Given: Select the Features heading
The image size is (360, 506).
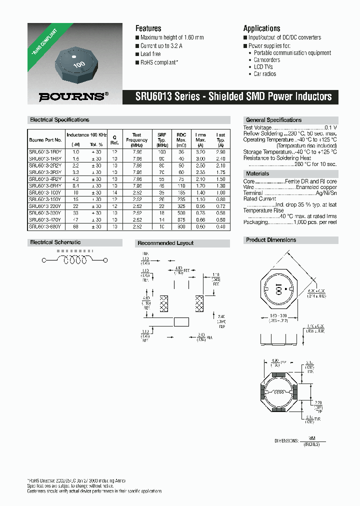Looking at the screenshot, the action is coord(148,28).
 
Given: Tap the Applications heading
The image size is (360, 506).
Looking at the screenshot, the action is coord(261,28).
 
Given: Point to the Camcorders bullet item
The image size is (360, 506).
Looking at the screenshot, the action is coord(266,60).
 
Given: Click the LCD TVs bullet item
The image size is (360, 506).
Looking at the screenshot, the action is coord(264,67).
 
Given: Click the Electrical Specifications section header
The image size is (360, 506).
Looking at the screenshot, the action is coord(59,120).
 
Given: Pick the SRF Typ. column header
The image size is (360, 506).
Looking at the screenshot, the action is coord(162,140).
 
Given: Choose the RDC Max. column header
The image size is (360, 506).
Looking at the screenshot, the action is coord(181,140).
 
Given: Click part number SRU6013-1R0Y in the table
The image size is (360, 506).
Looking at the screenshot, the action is coord(45,151).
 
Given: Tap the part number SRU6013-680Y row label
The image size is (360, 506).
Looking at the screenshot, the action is coord(45,226).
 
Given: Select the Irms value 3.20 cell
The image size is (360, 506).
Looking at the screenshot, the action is coord(200,151).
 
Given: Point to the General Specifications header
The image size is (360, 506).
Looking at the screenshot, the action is coord(273,120).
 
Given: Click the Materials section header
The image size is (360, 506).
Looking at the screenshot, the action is coord(257,173).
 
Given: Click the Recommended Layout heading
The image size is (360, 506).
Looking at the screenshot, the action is coord(165,243).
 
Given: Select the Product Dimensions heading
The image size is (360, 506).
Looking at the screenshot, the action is coord(271,240).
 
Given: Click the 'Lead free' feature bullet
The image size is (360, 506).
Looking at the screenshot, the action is coord(150,54).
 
